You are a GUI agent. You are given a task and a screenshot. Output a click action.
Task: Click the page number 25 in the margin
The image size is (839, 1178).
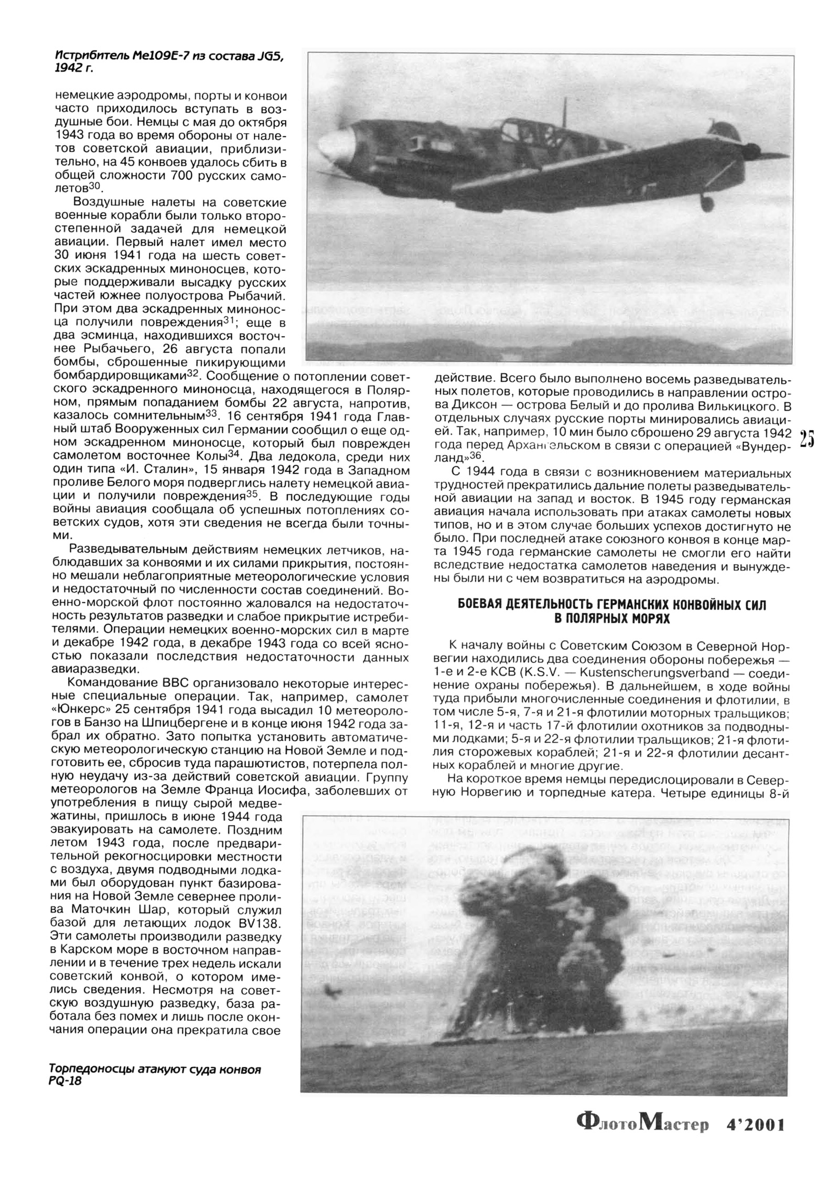tap(807, 439)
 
